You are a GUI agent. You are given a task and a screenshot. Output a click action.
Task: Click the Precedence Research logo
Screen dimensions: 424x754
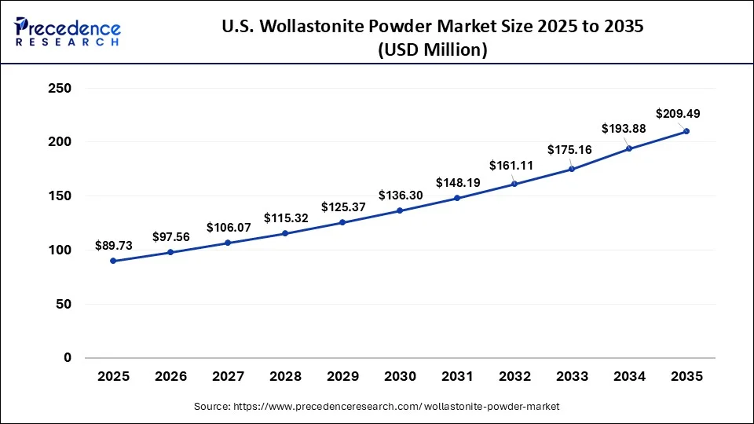click(68, 32)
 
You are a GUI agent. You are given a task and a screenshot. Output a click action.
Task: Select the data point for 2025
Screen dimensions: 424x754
click(113, 261)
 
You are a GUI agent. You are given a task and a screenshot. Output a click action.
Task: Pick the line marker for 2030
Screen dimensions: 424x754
click(400, 210)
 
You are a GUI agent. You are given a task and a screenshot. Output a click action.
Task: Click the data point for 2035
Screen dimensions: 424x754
click(686, 131)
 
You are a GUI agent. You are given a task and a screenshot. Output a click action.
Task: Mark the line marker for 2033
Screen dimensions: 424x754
click(572, 169)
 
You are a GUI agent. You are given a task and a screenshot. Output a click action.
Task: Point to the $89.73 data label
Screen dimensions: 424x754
click(113, 246)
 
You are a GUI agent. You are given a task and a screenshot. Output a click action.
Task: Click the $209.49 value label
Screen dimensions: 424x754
click(678, 114)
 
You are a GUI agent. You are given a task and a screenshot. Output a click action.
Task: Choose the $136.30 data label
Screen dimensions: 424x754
click(400, 196)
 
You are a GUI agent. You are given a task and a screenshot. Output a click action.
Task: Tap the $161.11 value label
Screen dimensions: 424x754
click(511, 166)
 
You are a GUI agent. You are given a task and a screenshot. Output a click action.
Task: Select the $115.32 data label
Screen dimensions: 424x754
click(285, 217)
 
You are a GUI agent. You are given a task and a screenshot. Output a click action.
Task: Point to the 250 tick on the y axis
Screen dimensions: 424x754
click(60, 89)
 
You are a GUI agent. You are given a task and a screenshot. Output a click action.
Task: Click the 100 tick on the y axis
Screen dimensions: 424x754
click(60, 250)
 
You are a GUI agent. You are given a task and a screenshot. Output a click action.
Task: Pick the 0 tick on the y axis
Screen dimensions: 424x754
click(67, 358)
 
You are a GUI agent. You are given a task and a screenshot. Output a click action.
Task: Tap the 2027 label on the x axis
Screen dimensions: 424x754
click(228, 377)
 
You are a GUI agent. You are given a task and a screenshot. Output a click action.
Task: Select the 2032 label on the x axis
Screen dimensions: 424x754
click(514, 377)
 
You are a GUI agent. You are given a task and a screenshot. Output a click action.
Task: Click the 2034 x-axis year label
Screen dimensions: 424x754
click(629, 377)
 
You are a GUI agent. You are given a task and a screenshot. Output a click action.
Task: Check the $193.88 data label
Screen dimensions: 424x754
click(623, 129)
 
